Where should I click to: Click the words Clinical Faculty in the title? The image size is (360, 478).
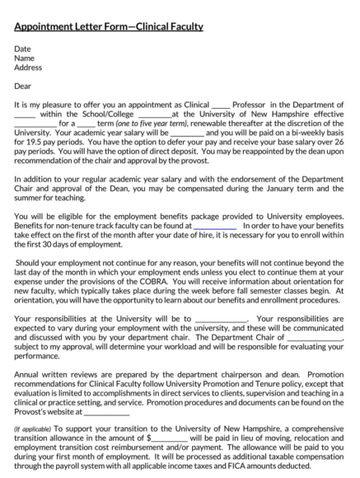tap(170, 26)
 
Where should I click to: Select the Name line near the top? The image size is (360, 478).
tap(24, 59)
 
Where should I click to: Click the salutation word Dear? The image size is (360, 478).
tap(23, 85)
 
